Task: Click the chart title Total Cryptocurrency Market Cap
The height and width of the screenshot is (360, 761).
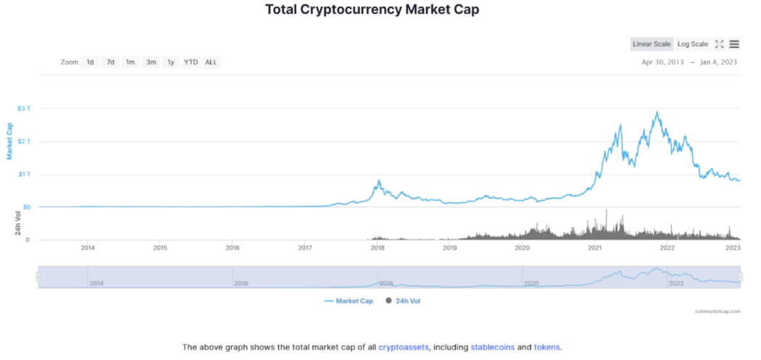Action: tap(373, 10)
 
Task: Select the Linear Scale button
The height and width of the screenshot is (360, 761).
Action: tap(652, 44)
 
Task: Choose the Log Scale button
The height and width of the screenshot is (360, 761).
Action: tap(692, 44)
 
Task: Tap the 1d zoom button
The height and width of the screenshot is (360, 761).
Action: tap(90, 62)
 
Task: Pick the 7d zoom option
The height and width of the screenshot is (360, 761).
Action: tap(110, 62)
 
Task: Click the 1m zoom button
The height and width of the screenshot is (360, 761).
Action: tap(130, 62)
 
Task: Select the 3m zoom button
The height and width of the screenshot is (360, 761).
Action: tap(151, 62)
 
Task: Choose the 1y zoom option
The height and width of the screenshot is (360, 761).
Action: tap(171, 62)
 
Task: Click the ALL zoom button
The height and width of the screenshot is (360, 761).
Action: tap(211, 62)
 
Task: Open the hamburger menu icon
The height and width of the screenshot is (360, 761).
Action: tap(734, 44)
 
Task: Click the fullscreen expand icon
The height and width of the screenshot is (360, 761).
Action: tap(720, 44)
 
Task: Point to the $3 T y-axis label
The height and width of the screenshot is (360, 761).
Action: tap(24, 109)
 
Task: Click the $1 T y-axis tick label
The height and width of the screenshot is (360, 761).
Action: tap(24, 174)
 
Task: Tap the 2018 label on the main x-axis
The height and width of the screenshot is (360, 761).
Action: tap(377, 248)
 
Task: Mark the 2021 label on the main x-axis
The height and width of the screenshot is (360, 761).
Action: tap(594, 248)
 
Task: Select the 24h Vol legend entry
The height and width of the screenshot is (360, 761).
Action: tap(403, 301)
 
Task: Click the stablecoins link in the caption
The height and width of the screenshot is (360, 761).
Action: tap(492, 347)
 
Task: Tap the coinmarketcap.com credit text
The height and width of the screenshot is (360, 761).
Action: tap(718, 311)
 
